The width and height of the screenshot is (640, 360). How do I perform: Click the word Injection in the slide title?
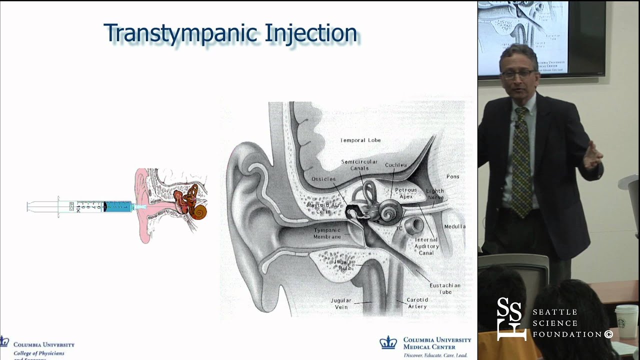pos(310,33)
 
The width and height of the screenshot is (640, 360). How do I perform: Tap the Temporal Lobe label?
pos(360,140)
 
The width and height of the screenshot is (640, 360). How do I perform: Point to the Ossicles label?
pos(323,179)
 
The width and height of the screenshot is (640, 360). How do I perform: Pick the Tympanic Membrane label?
pos(327,233)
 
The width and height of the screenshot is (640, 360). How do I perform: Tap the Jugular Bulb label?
pos(345,264)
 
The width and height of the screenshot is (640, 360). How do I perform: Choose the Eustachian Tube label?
pos(444,288)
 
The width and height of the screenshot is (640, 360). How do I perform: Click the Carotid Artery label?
pos(417,303)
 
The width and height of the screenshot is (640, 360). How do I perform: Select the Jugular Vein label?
pos(341,303)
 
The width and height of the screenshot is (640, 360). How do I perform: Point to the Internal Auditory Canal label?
pos(426,246)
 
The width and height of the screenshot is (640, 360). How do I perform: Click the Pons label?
pos(452,176)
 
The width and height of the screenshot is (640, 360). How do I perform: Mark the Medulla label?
pos(454,226)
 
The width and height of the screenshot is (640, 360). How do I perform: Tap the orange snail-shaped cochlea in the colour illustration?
pos(200,212)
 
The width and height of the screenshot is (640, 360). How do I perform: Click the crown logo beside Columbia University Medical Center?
pos(388,343)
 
